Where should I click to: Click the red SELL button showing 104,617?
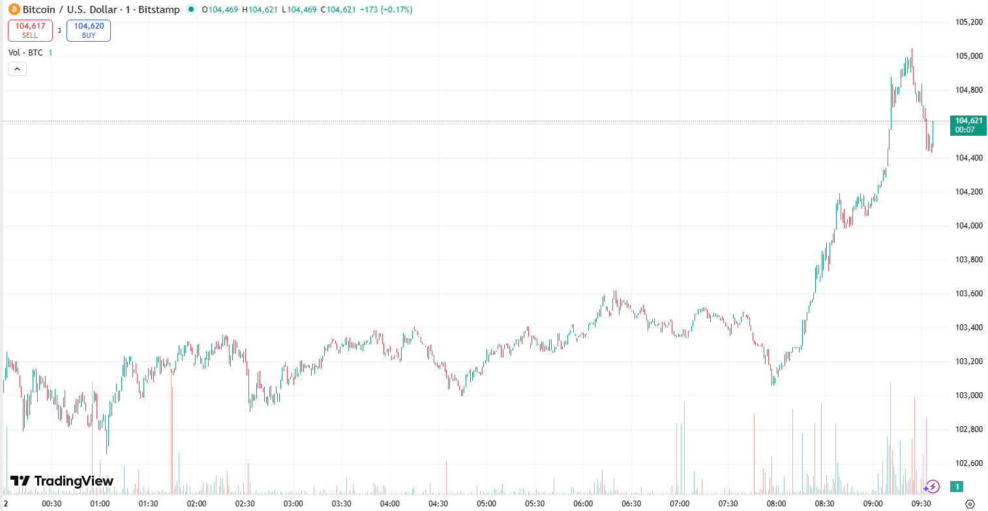30,31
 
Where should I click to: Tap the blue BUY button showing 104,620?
89,31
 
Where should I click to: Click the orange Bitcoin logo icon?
14,10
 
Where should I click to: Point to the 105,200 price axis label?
968,22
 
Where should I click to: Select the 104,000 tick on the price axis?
968,226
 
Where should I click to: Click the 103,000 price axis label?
968,395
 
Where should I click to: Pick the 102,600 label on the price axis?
968,463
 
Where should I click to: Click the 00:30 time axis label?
52,504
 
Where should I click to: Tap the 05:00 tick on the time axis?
486,504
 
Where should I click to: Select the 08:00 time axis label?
776,504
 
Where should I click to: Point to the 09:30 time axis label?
921,504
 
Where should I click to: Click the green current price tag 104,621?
968,125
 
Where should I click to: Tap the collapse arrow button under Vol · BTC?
17,69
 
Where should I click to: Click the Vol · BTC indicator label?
25,52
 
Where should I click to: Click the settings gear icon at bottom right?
970,504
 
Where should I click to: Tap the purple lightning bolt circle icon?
932,486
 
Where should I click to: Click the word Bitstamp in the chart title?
158,10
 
